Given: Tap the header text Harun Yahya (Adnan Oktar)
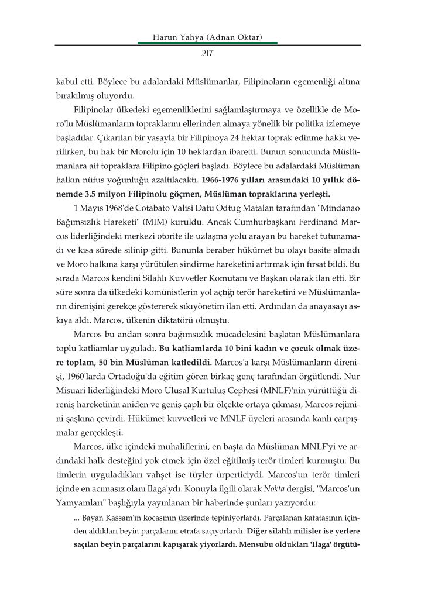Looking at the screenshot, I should pos(207,37).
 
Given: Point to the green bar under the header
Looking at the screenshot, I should pos(207,43).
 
